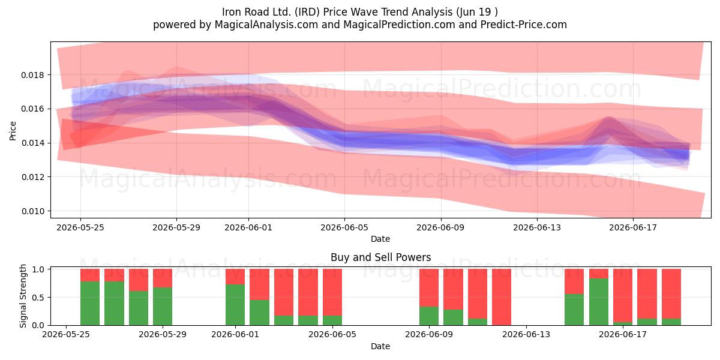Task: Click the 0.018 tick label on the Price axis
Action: (32, 75)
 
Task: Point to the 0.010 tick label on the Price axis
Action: (32, 211)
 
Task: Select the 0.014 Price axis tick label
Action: (32, 143)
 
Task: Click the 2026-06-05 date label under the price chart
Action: (344, 227)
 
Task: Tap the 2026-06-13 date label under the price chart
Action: (537, 227)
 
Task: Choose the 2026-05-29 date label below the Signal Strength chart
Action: (163, 335)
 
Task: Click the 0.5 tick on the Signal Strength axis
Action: (38, 298)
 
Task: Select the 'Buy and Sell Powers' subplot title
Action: (380, 257)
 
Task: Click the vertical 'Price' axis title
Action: (13, 131)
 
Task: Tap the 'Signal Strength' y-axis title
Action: (23, 296)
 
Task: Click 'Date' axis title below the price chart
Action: (380, 239)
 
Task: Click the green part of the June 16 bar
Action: (599, 302)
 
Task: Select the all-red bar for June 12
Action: (502, 297)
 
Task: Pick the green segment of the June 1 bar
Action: (235, 305)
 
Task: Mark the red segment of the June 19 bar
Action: (671, 294)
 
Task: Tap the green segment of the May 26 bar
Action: (114, 304)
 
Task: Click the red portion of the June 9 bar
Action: (429, 288)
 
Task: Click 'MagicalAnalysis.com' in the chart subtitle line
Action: (266, 25)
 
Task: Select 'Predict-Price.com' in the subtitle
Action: (524, 25)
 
